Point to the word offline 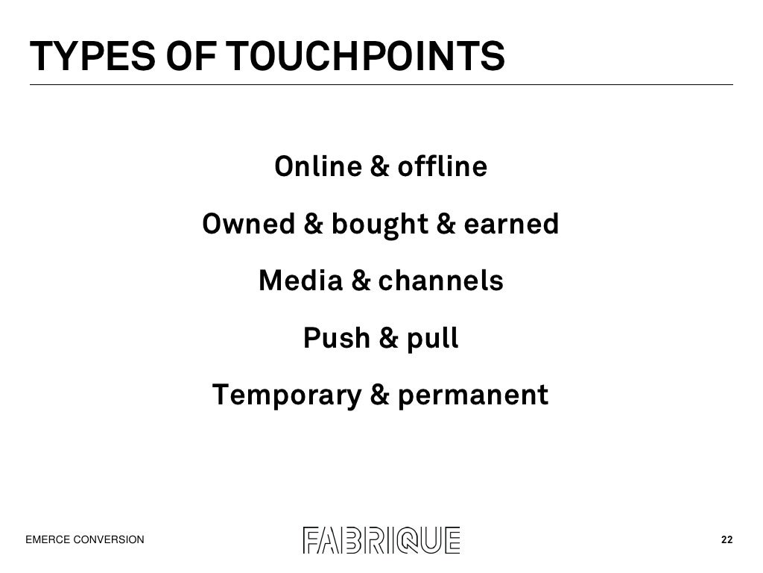pos(442,166)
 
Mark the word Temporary pos(286,395)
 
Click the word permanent pos(473,395)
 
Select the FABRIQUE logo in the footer pos(381,539)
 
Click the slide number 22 pos(726,540)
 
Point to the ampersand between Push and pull pos(388,339)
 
